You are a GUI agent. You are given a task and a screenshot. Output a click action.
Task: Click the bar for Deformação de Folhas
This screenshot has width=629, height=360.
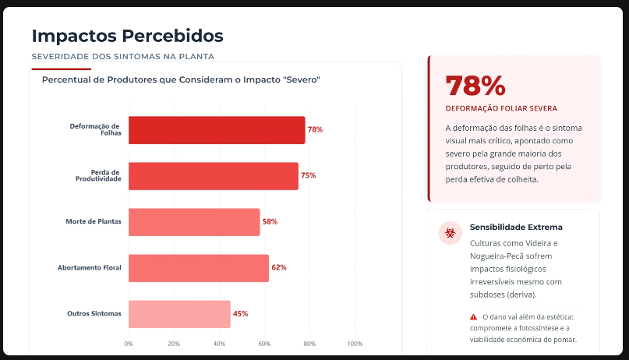(217, 130)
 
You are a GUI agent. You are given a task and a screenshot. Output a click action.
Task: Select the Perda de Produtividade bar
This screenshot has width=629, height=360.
(214, 176)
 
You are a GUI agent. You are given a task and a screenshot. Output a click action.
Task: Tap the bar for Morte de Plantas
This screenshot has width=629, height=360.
(194, 222)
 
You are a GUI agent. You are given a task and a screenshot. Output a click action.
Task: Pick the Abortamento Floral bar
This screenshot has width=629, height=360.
(199, 268)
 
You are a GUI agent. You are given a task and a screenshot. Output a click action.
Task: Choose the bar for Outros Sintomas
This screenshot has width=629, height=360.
(179, 314)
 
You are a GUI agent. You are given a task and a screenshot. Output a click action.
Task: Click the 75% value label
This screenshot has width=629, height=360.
(309, 176)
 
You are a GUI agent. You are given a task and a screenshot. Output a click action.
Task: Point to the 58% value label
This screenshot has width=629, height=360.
(270, 222)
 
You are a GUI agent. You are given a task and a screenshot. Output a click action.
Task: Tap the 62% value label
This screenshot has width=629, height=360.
(279, 268)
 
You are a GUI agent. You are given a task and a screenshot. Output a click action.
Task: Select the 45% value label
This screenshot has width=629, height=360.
(241, 314)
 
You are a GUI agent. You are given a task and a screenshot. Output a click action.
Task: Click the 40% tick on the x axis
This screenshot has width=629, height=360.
(219, 344)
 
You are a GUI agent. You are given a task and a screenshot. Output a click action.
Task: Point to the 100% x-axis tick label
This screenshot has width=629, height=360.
(355, 344)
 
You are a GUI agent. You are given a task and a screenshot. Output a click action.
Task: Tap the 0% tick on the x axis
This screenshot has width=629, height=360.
(129, 344)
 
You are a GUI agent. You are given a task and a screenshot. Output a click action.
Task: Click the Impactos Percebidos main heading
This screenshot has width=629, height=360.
(127, 36)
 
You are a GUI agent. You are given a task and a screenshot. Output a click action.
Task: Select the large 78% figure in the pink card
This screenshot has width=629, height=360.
(475, 86)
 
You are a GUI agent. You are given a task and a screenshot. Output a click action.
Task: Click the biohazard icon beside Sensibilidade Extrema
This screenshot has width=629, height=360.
(450, 232)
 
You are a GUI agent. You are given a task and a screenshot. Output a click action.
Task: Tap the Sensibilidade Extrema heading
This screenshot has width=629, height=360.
(515, 228)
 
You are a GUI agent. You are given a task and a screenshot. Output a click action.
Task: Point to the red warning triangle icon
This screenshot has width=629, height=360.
(473, 317)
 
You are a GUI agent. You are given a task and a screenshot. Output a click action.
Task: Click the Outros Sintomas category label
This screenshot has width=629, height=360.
(94, 314)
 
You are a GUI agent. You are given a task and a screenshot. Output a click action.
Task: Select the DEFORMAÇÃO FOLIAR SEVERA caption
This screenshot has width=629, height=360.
(501, 108)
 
